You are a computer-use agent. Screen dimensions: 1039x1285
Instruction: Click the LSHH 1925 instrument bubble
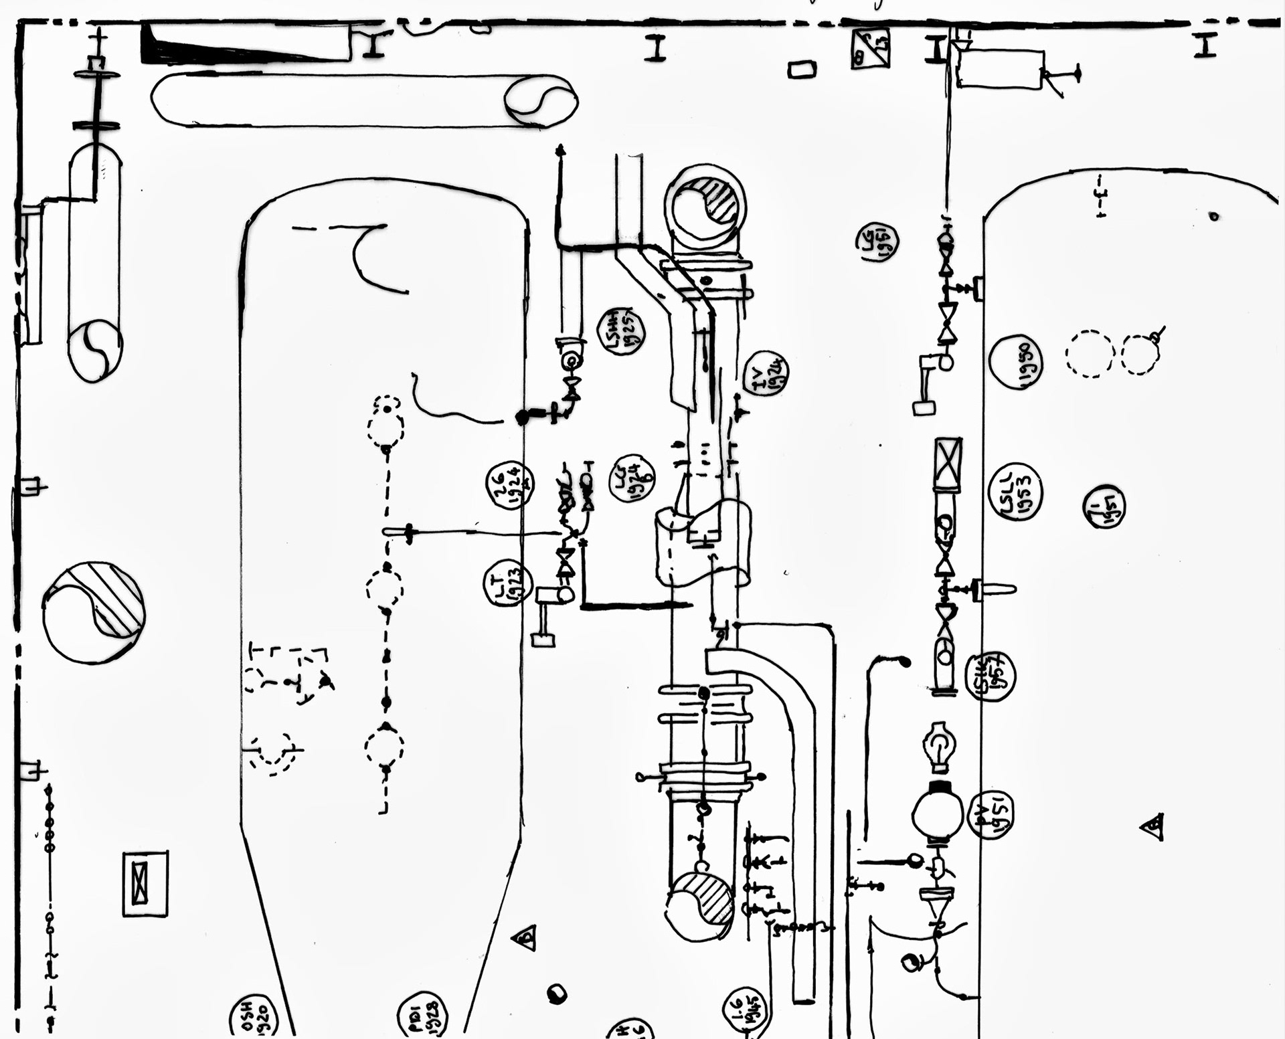click(x=621, y=332)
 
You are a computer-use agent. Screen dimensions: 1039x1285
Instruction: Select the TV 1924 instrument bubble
click(x=766, y=373)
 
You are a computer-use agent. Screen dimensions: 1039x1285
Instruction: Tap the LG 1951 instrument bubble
click(x=877, y=242)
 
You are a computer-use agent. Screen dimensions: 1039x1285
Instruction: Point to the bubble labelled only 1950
click(x=1016, y=362)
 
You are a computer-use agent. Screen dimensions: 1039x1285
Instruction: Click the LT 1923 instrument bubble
click(x=507, y=583)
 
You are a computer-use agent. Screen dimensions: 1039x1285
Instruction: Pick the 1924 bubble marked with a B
click(x=631, y=477)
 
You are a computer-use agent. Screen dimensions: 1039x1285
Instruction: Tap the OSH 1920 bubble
click(x=253, y=1018)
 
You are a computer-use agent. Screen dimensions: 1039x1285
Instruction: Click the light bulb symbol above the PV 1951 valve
click(x=939, y=746)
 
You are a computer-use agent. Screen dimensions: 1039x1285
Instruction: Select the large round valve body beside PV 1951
click(x=937, y=815)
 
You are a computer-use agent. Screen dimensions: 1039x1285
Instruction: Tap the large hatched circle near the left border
click(x=94, y=612)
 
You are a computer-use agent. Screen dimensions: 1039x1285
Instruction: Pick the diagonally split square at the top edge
click(x=871, y=48)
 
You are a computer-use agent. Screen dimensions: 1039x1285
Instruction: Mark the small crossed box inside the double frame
click(x=140, y=883)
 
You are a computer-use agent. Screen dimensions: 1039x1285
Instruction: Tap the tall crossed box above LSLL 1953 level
click(x=948, y=465)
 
